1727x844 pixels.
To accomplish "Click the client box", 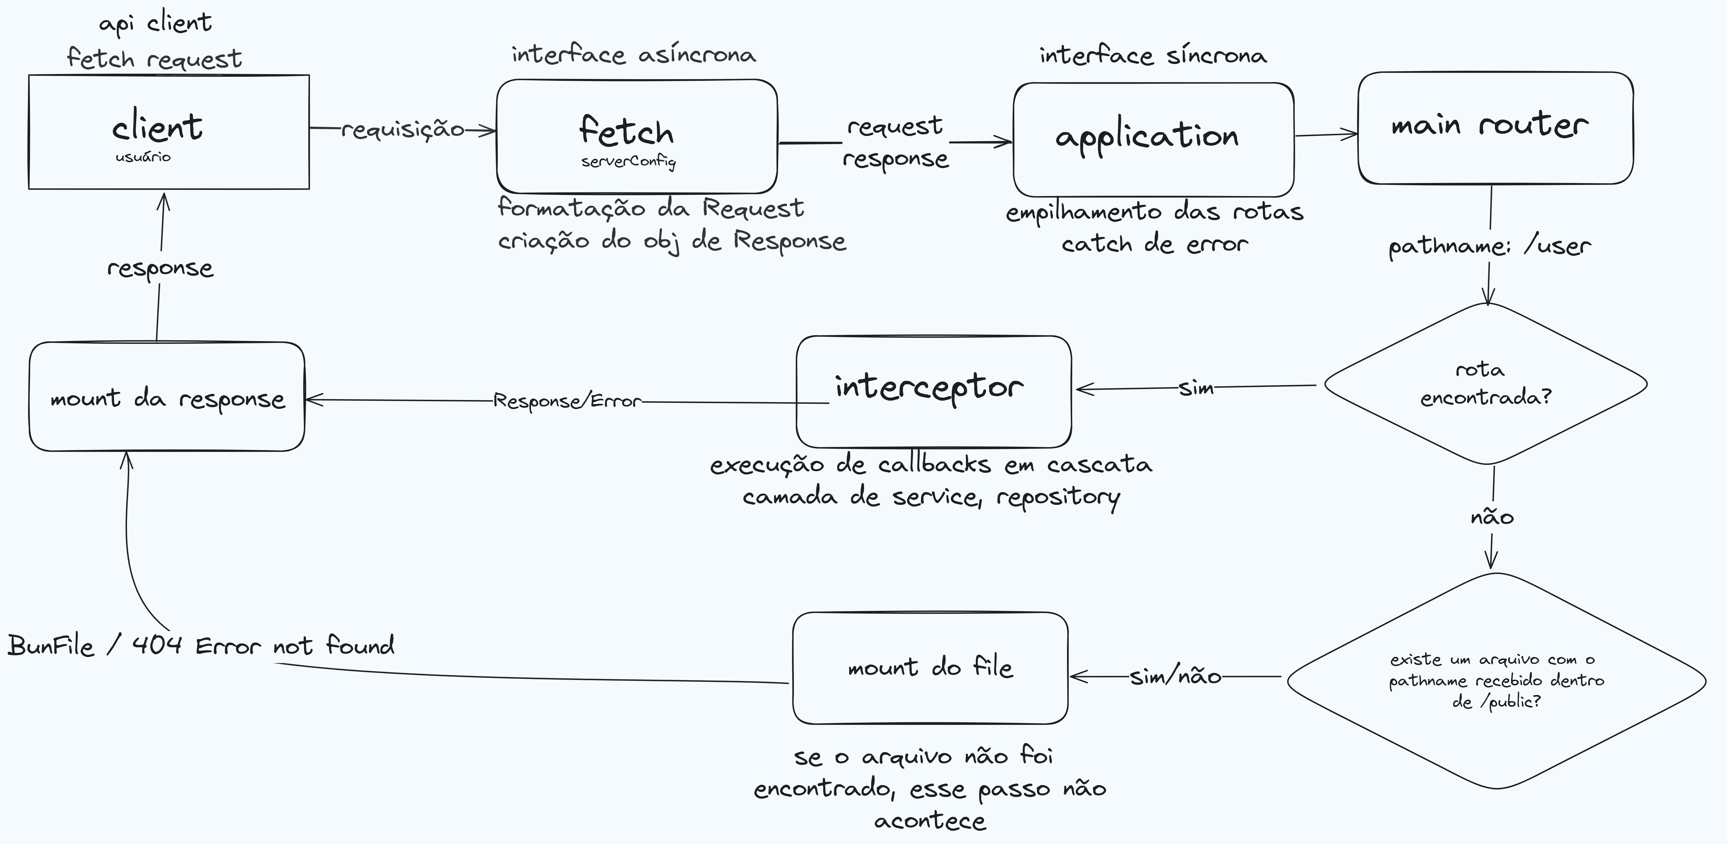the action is click(x=169, y=132).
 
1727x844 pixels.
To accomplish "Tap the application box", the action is click(x=1153, y=140).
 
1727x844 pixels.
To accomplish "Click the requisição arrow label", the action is click(x=403, y=129).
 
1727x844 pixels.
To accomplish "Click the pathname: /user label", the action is click(x=1489, y=246).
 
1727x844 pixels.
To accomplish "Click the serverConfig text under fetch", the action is click(x=628, y=162).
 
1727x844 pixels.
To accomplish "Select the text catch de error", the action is click(x=1154, y=244).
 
